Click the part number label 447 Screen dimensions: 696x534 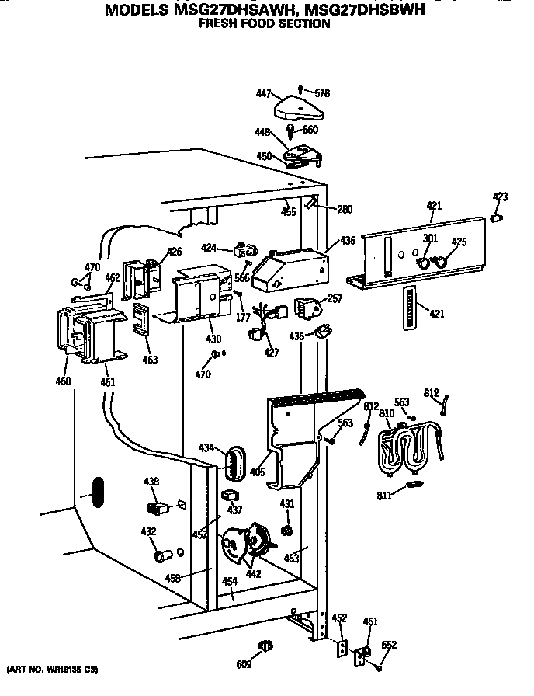pyautogui.click(x=263, y=94)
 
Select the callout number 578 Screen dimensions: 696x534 pyautogui.click(x=322, y=92)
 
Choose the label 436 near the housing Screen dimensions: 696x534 pyautogui.click(x=348, y=242)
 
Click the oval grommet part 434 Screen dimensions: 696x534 pyautogui.click(x=231, y=464)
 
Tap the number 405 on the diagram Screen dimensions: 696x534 pyautogui.click(x=256, y=471)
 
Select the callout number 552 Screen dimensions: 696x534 pyautogui.click(x=389, y=644)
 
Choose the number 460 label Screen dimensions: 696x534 pyautogui.click(x=64, y=381)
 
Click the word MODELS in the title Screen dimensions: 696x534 pyautogui.click(x=133, y=11)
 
